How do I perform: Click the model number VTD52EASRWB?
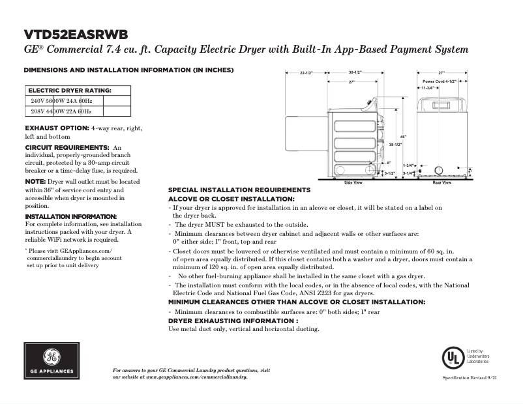click(76, 35)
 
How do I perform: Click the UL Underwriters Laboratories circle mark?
click(451, 358)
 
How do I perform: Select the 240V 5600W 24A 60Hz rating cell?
click(62, 102)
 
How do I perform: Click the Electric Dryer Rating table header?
click(69, 91)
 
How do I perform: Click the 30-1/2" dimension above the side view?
click(355, 72)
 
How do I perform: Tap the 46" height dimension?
click(403, 137)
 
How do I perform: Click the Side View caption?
click(353, 183)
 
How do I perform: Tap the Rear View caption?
click(441, 183)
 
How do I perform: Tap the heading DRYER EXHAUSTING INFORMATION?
click(233, 321)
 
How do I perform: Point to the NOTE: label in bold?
click(35, 180)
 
